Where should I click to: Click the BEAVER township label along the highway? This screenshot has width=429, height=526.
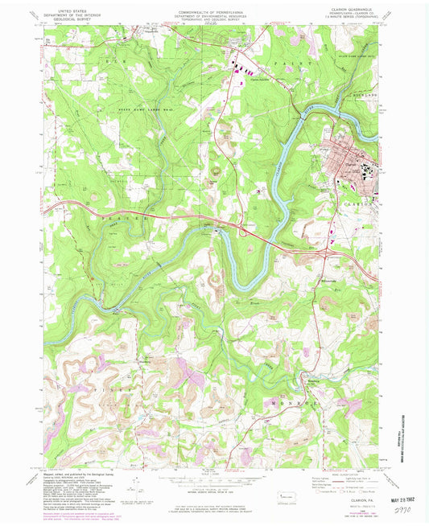(125, 218)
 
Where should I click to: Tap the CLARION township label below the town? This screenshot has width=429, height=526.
(362, 203)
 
